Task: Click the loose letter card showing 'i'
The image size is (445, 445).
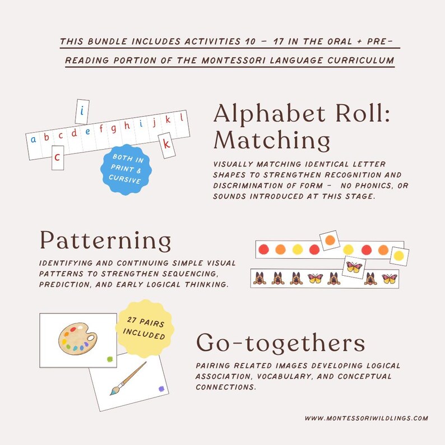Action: (82, 112)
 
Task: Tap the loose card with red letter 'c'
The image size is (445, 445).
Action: (58, 157)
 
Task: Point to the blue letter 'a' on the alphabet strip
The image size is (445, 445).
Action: (34, 139)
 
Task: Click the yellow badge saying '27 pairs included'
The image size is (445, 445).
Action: (143, 330)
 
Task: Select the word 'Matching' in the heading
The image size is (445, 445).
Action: (271, 140)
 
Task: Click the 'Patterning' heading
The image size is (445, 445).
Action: (105, 240)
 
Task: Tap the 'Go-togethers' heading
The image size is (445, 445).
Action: (280, 342)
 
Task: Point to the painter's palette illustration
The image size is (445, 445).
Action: (78, 341)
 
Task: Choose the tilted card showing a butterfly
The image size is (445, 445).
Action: (354, 267)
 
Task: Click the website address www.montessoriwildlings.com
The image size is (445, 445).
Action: (367, 418)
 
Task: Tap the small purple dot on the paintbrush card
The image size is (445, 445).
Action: (161, 388)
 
